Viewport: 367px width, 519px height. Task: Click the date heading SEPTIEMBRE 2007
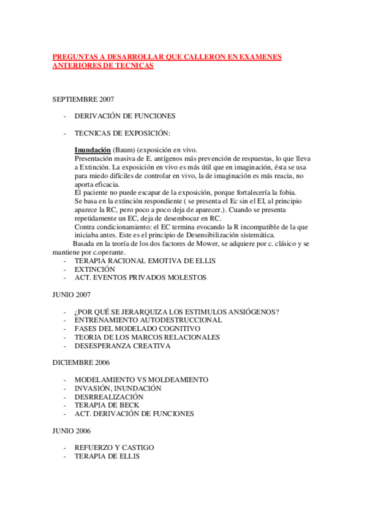tap(83, 99)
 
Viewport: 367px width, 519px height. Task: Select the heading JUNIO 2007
tap(72, 294)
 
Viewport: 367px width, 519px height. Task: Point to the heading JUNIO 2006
tap(72, 431)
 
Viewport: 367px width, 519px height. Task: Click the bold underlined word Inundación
tap(93, 150)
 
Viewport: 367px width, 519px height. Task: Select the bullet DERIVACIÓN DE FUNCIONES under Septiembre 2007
tap(124, 116)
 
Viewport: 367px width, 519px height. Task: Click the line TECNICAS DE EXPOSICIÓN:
tap(122, 133)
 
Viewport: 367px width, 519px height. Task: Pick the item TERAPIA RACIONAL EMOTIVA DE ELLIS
tap(145, 260)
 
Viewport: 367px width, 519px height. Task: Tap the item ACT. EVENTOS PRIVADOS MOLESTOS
tap(140, 277)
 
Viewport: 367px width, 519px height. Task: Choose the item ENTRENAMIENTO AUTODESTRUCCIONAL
tap(148, 320)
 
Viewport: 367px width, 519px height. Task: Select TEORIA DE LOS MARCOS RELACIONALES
tap(147, 337)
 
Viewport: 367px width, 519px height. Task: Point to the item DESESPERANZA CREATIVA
tap(122, 346)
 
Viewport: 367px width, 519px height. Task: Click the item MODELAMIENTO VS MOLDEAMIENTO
tap(141, 379)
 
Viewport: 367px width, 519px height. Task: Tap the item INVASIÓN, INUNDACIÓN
tap(118, 388)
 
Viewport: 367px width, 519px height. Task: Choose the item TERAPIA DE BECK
tap(107, 405)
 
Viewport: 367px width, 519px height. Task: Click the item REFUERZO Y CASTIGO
tap(114, 447)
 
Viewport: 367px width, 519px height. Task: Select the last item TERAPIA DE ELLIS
tap(107, 456)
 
